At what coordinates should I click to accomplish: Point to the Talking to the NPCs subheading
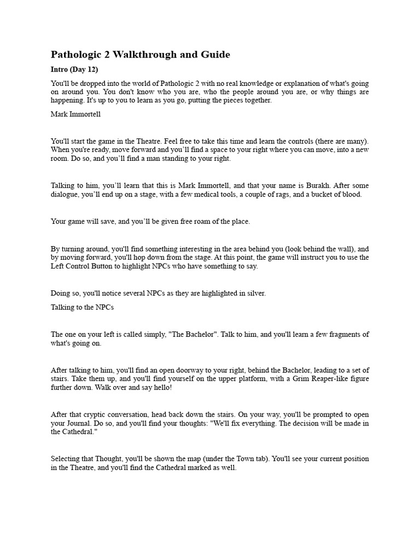click(82, 307)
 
